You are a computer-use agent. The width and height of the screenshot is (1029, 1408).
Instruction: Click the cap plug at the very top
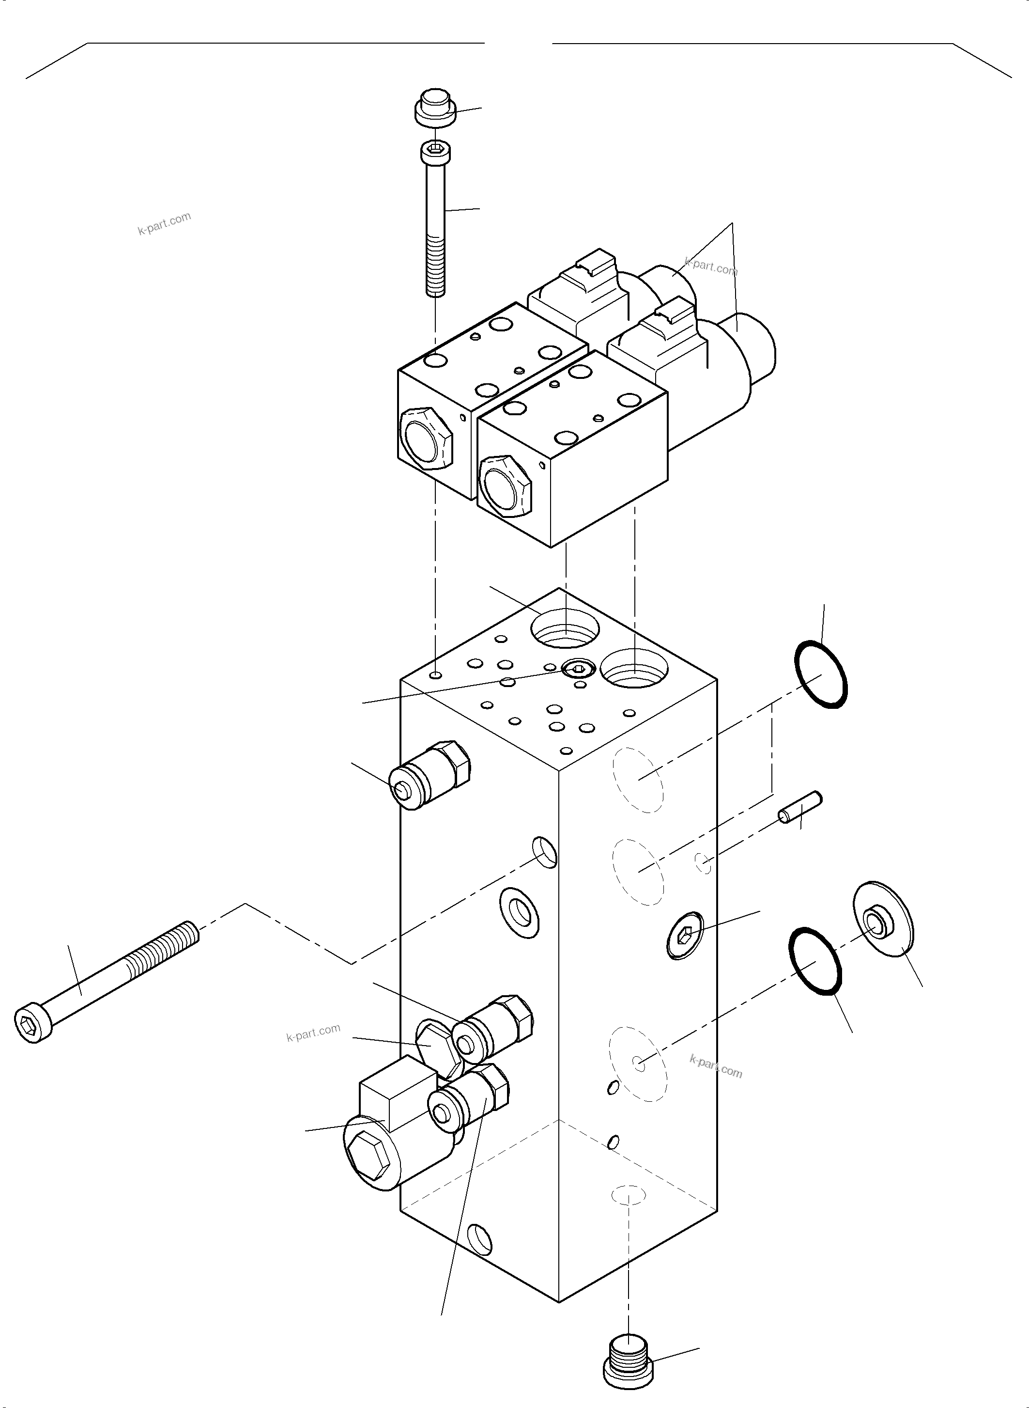click(435, 107)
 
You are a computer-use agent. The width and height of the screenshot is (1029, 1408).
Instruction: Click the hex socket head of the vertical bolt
click(436, 150)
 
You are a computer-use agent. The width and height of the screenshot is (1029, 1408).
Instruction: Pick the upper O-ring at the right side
click(821, 674)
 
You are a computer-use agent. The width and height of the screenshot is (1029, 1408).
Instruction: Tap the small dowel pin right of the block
click(800, 808)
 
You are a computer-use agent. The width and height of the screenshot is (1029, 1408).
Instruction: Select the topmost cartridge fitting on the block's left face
click(429, 775)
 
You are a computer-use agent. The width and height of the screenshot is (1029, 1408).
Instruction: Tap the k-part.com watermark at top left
click(164, 224)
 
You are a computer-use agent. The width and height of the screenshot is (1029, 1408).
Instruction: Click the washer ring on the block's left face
click(520, 912)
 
